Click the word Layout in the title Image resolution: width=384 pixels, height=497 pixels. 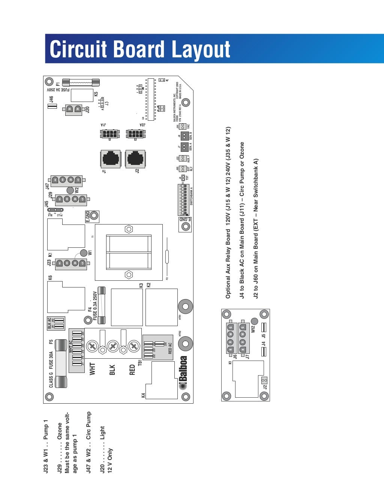(x=201, y=49)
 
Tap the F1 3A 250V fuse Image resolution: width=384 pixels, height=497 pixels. (x=81, y=82)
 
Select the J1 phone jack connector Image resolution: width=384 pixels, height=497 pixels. (x=111, y=159)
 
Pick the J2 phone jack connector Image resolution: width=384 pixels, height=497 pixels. (x=136, y=159)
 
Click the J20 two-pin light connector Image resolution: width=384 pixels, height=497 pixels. (x=73, y=109)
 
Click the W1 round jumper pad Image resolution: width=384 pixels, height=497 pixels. (x=83, y=253)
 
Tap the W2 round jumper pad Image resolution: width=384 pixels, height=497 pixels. (x=70, y=190)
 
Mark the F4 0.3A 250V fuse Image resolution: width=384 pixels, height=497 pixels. (x=101, y=305)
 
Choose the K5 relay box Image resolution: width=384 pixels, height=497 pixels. (x=82, y=95)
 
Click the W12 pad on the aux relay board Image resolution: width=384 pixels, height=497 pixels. (x=254, y=321)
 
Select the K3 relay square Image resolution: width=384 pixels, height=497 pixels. (x=127, y=307)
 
